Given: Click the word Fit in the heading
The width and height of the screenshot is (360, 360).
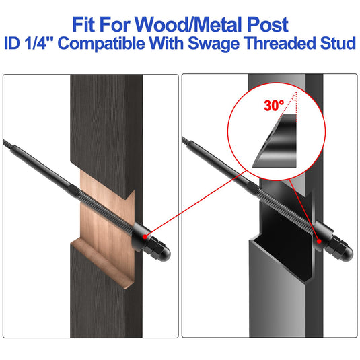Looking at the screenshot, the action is pyautogui.click(x=83, y=25).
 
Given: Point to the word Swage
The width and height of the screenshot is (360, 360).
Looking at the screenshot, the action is pyautogui.click(x=213, y=44).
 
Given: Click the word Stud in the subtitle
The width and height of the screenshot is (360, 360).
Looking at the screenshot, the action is pyautogui.click(x=338, y=43).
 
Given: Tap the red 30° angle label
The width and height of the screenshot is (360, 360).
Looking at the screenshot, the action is pyautogui.click(x=274, y=106).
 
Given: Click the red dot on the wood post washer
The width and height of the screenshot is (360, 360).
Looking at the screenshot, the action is pyautogui.click(x=145, y=236).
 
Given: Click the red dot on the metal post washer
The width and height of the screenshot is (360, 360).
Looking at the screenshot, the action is pyautogui.click(x=319, y=241).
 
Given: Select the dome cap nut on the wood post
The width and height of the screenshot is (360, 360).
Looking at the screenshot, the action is pyautogui.click(x=159, y=249).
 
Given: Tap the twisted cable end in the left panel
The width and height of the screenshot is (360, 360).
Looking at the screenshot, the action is pyautogui.click(x=8, y=144).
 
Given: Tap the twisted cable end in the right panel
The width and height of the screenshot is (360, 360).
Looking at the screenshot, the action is pyautogui.click(x=186, y=141).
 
